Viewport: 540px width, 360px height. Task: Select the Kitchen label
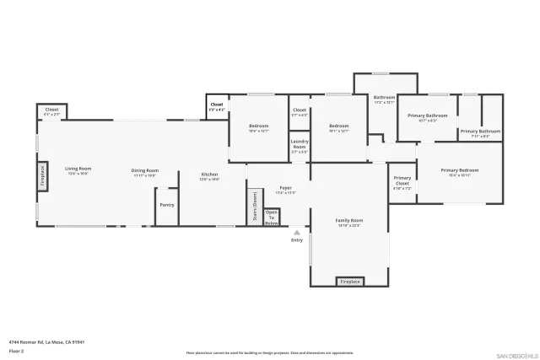[208, 177]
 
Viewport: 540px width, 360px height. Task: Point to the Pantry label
[167, 205]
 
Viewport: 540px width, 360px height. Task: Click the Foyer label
[285, 190]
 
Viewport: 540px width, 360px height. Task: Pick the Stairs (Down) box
[251, 207]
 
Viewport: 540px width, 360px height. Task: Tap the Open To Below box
[272, 218]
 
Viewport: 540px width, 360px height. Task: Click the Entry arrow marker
[296, 233]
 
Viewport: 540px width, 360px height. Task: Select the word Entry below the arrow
[296, 241]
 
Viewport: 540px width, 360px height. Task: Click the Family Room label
[349, 222]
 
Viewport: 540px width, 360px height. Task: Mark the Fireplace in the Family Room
[350, 281]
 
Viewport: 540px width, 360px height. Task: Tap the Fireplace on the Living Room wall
[41, 177]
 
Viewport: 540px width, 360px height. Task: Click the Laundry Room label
[300, 146]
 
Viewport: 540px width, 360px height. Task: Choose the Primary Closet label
[402, 181]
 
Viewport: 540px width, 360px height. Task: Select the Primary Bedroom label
[459, 172]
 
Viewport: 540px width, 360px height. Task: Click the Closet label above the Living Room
[51, 110]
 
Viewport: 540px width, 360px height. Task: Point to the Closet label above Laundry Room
[300, 112]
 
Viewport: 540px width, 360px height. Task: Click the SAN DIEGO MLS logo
[516, 354]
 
